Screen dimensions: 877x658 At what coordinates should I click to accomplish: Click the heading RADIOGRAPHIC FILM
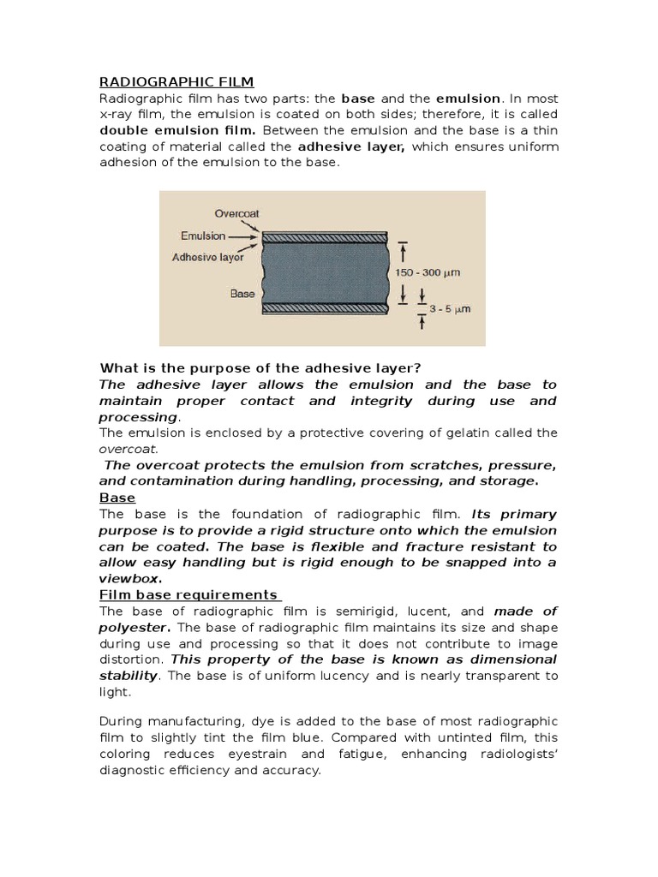(176, 81)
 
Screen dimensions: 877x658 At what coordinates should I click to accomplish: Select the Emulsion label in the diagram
(203, 236)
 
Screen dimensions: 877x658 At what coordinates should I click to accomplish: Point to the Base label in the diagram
(242, 293)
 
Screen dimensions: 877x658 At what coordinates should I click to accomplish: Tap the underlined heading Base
(117, 498)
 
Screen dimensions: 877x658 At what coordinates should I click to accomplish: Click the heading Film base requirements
(189, 594)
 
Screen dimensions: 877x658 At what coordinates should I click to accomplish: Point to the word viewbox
(131, 578)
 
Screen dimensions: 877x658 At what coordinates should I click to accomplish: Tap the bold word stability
(129, 676)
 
